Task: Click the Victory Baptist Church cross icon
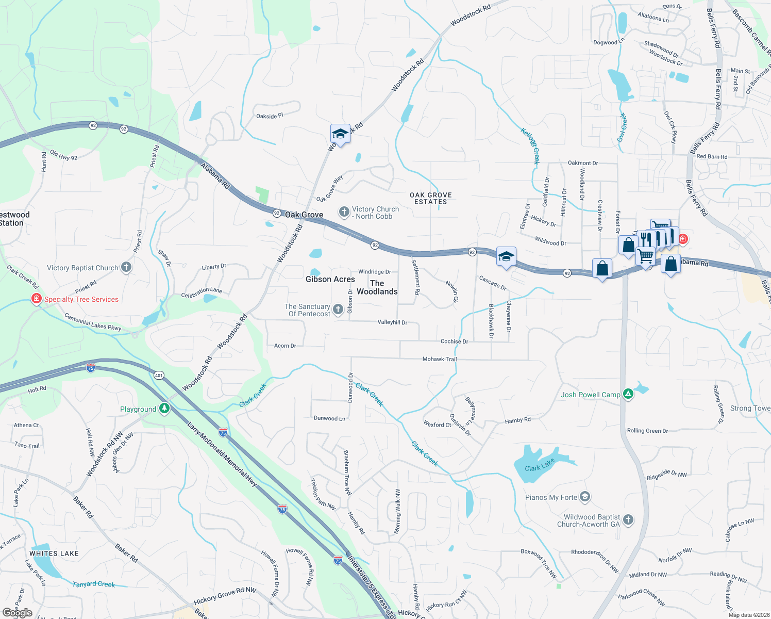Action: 126,267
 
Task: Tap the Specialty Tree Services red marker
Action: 36,299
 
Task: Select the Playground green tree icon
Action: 164,409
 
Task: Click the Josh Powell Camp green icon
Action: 628,395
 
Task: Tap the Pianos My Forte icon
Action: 584,497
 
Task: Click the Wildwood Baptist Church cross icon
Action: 628,520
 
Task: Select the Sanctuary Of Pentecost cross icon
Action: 338,309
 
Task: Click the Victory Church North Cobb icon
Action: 344,212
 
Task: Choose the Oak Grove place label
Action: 304,215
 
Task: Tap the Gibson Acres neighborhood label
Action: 330,279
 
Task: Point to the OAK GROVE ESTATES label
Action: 431,198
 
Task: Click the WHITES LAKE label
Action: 54,553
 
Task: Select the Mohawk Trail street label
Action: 440,359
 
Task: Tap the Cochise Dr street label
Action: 454,341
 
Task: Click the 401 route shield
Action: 159,375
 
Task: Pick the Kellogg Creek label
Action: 530,146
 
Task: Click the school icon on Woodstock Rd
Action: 340,134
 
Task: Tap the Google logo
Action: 18,613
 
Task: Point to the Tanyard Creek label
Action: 93,584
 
